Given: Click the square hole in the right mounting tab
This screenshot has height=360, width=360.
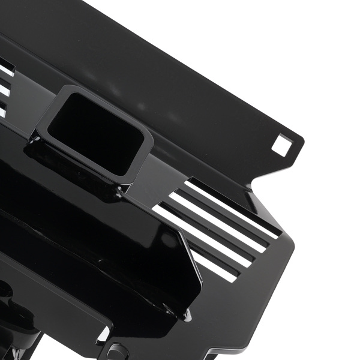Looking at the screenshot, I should point(281,145).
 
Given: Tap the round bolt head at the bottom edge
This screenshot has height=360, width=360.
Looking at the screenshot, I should point(118,352).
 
